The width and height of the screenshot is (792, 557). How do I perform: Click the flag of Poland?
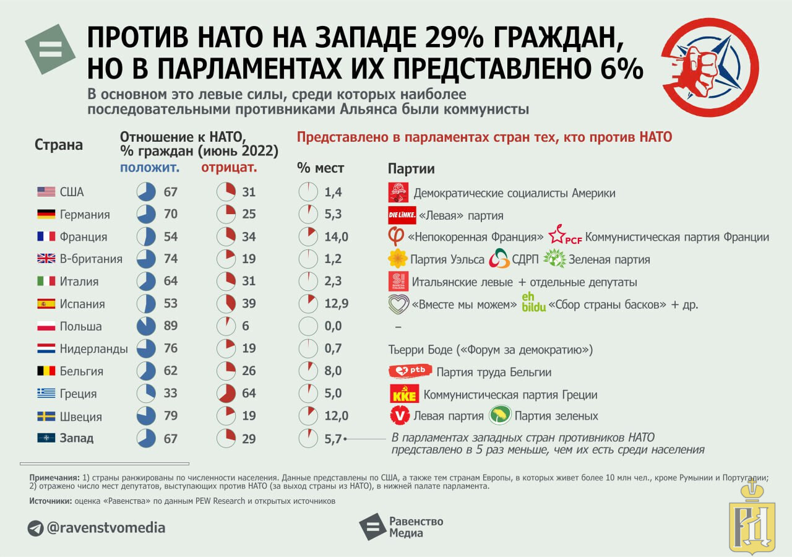46,326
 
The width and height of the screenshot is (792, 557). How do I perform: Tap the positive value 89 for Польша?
171,326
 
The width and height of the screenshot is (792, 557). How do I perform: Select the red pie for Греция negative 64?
226,394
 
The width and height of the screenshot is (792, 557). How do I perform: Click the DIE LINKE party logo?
402,215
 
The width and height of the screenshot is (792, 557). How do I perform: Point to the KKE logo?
404,394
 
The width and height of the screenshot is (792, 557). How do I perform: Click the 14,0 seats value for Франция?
337,237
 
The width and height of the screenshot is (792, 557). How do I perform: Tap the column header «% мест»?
321,168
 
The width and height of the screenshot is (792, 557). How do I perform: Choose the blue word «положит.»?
150,167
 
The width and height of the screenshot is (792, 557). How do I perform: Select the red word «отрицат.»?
229,167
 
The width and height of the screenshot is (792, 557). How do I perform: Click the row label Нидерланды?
93,349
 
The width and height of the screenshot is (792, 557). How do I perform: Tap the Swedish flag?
46,416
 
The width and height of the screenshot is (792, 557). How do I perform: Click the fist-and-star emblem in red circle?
710,67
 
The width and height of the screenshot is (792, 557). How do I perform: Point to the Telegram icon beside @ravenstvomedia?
36,528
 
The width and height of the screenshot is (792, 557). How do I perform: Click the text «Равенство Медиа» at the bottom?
416,527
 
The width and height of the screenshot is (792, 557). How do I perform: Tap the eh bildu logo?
533,301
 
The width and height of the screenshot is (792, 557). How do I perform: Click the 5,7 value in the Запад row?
333,439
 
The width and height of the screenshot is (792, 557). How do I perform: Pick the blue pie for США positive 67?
146,192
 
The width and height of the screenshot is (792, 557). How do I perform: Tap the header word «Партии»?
411,168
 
